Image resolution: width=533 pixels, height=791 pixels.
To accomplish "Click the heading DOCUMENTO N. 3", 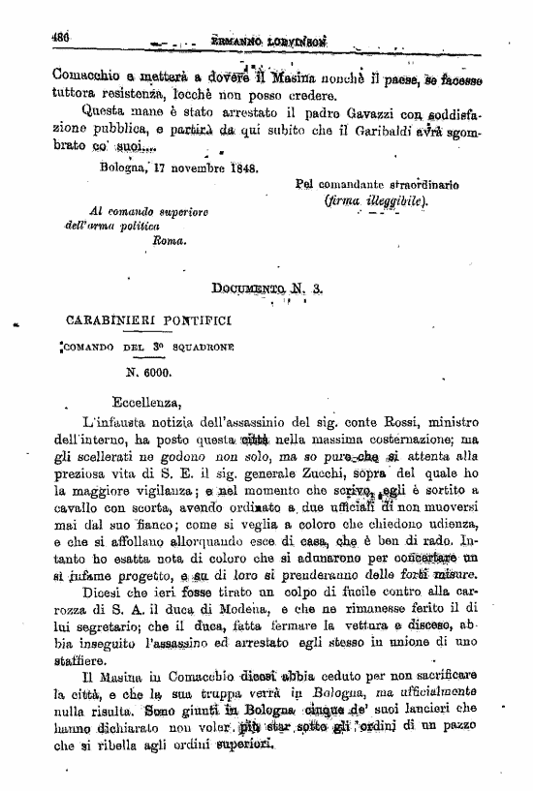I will click(268, 288).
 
